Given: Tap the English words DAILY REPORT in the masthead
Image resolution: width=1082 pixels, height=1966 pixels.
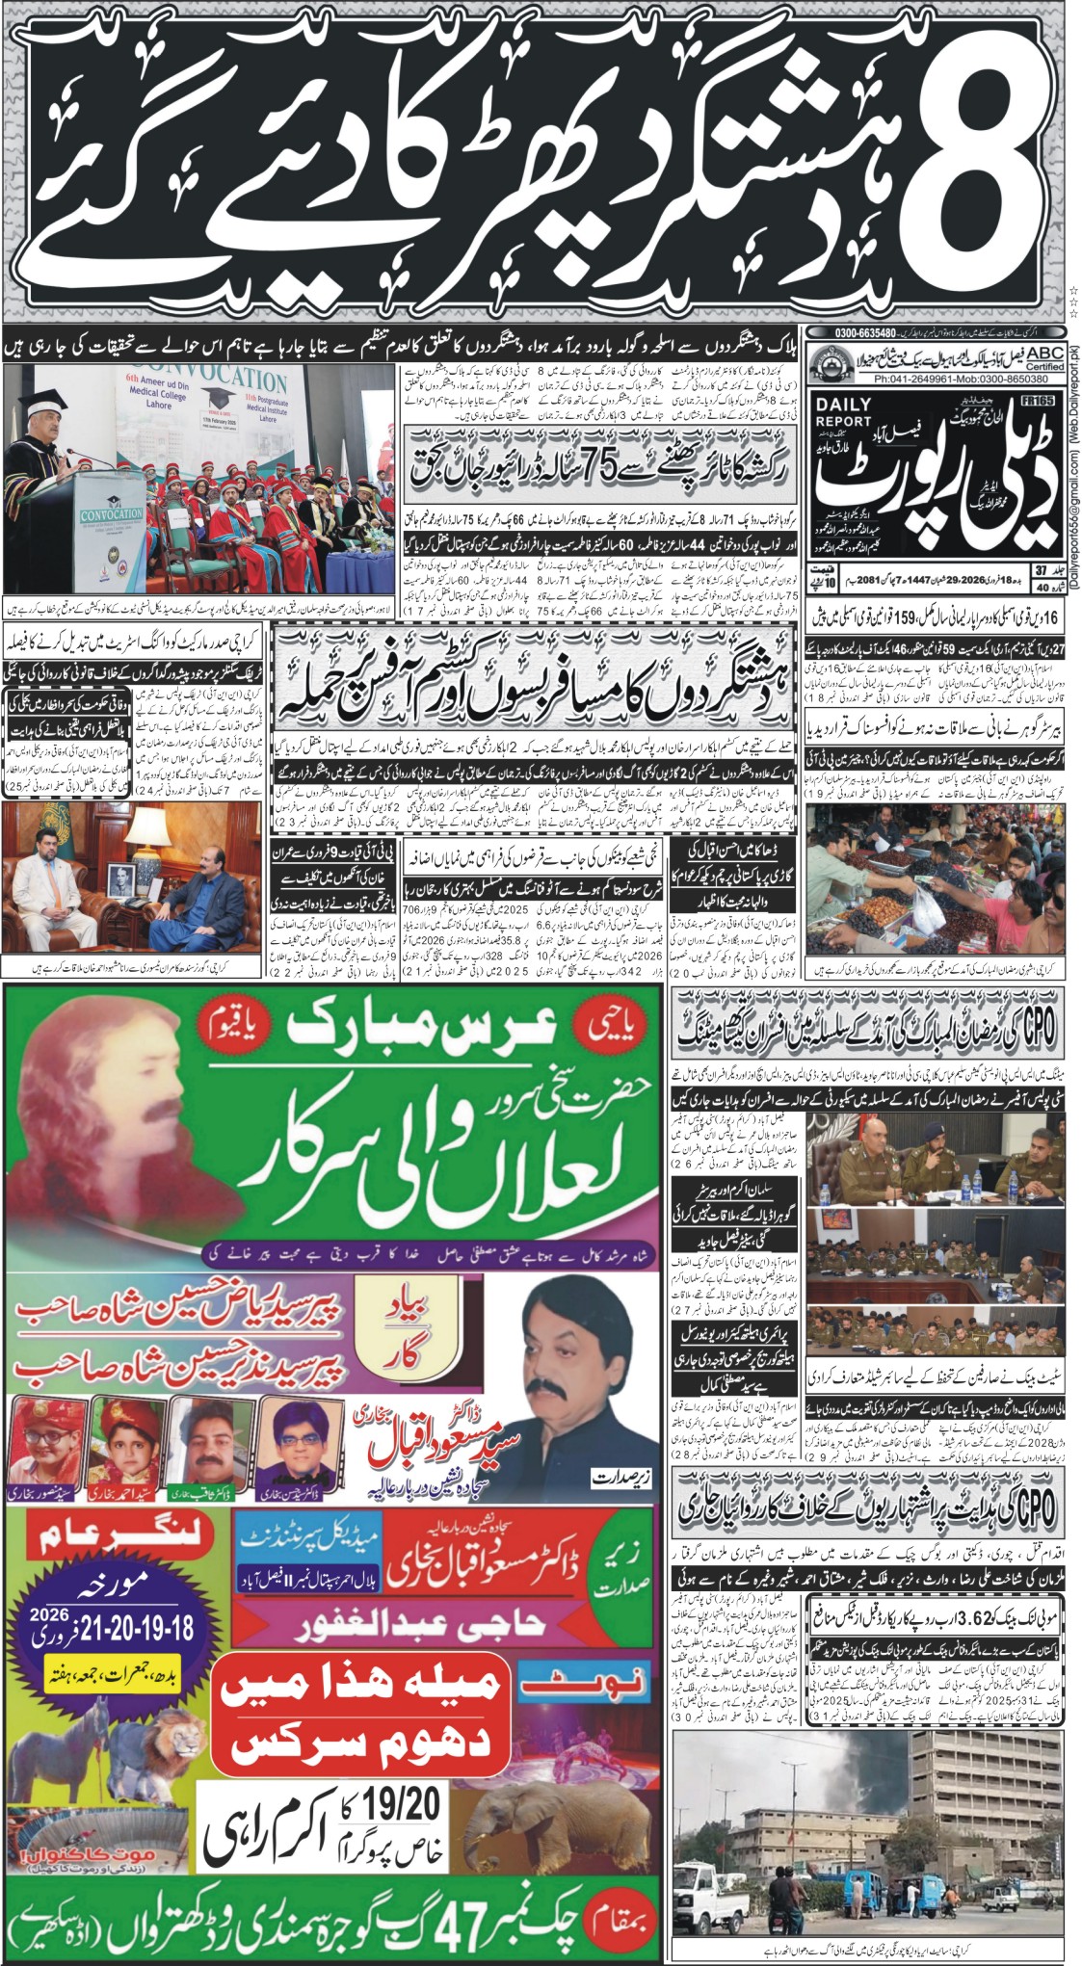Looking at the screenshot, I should pos(843,412).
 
